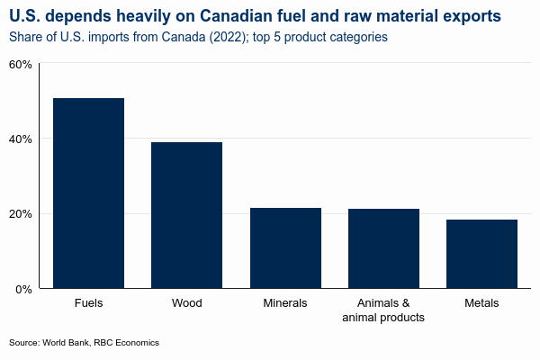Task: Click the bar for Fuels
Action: pos(88,193)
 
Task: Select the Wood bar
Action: pos(186,215)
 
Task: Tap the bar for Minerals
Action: pos(285,248)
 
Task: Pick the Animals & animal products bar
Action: pos(383,248)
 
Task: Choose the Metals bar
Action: pos(481,254)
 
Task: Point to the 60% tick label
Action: pos(21,65)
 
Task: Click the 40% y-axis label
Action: pos(21,139)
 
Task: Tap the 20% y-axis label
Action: pos(21,214)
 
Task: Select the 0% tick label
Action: pos(23,289)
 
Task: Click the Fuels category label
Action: pos(88,303)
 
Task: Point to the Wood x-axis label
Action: pos(186,303)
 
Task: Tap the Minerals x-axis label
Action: pos(285,303)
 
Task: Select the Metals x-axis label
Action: pos(481,303)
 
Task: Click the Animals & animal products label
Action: pos(383,310)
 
